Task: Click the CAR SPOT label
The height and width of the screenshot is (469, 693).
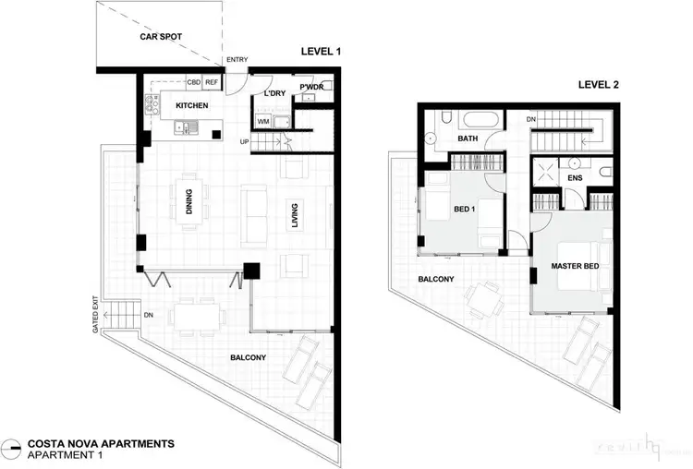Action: [160, 38]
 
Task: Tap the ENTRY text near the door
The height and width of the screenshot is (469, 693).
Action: [237, 60]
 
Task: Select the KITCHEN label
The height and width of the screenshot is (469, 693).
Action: [192, 106]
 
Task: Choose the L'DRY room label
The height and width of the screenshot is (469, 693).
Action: [273, 94]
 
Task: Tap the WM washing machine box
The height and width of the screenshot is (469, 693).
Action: [263, 121]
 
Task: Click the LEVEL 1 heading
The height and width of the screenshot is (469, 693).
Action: [320, 53]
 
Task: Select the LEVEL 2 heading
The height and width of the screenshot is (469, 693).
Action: [598, 85]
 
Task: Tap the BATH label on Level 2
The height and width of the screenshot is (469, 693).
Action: [468, 138]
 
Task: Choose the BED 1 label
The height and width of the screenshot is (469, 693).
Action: [465, 210]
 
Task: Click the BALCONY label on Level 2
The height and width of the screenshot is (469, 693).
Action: [435, 278]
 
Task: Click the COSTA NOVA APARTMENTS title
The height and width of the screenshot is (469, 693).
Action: [101, 444]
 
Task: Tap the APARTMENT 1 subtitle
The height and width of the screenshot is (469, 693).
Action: [66, 456]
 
